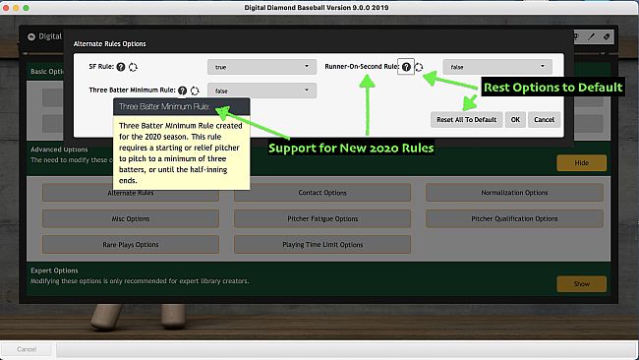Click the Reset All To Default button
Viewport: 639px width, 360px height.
(x=467, y=119)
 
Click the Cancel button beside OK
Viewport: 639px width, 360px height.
(x=543, y=119)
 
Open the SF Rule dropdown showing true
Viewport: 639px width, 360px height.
(x=261, y=67)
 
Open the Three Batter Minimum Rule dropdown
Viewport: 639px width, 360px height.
(x=261, y=90)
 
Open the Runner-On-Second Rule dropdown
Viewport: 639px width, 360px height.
(x=496, y=67)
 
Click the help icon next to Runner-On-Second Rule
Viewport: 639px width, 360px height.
(x=405, y=67)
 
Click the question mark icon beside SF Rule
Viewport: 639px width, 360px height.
(x=120, y=67)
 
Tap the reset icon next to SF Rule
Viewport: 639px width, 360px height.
(x=133, y=67)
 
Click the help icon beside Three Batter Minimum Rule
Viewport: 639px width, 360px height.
(x=182, y=90)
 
